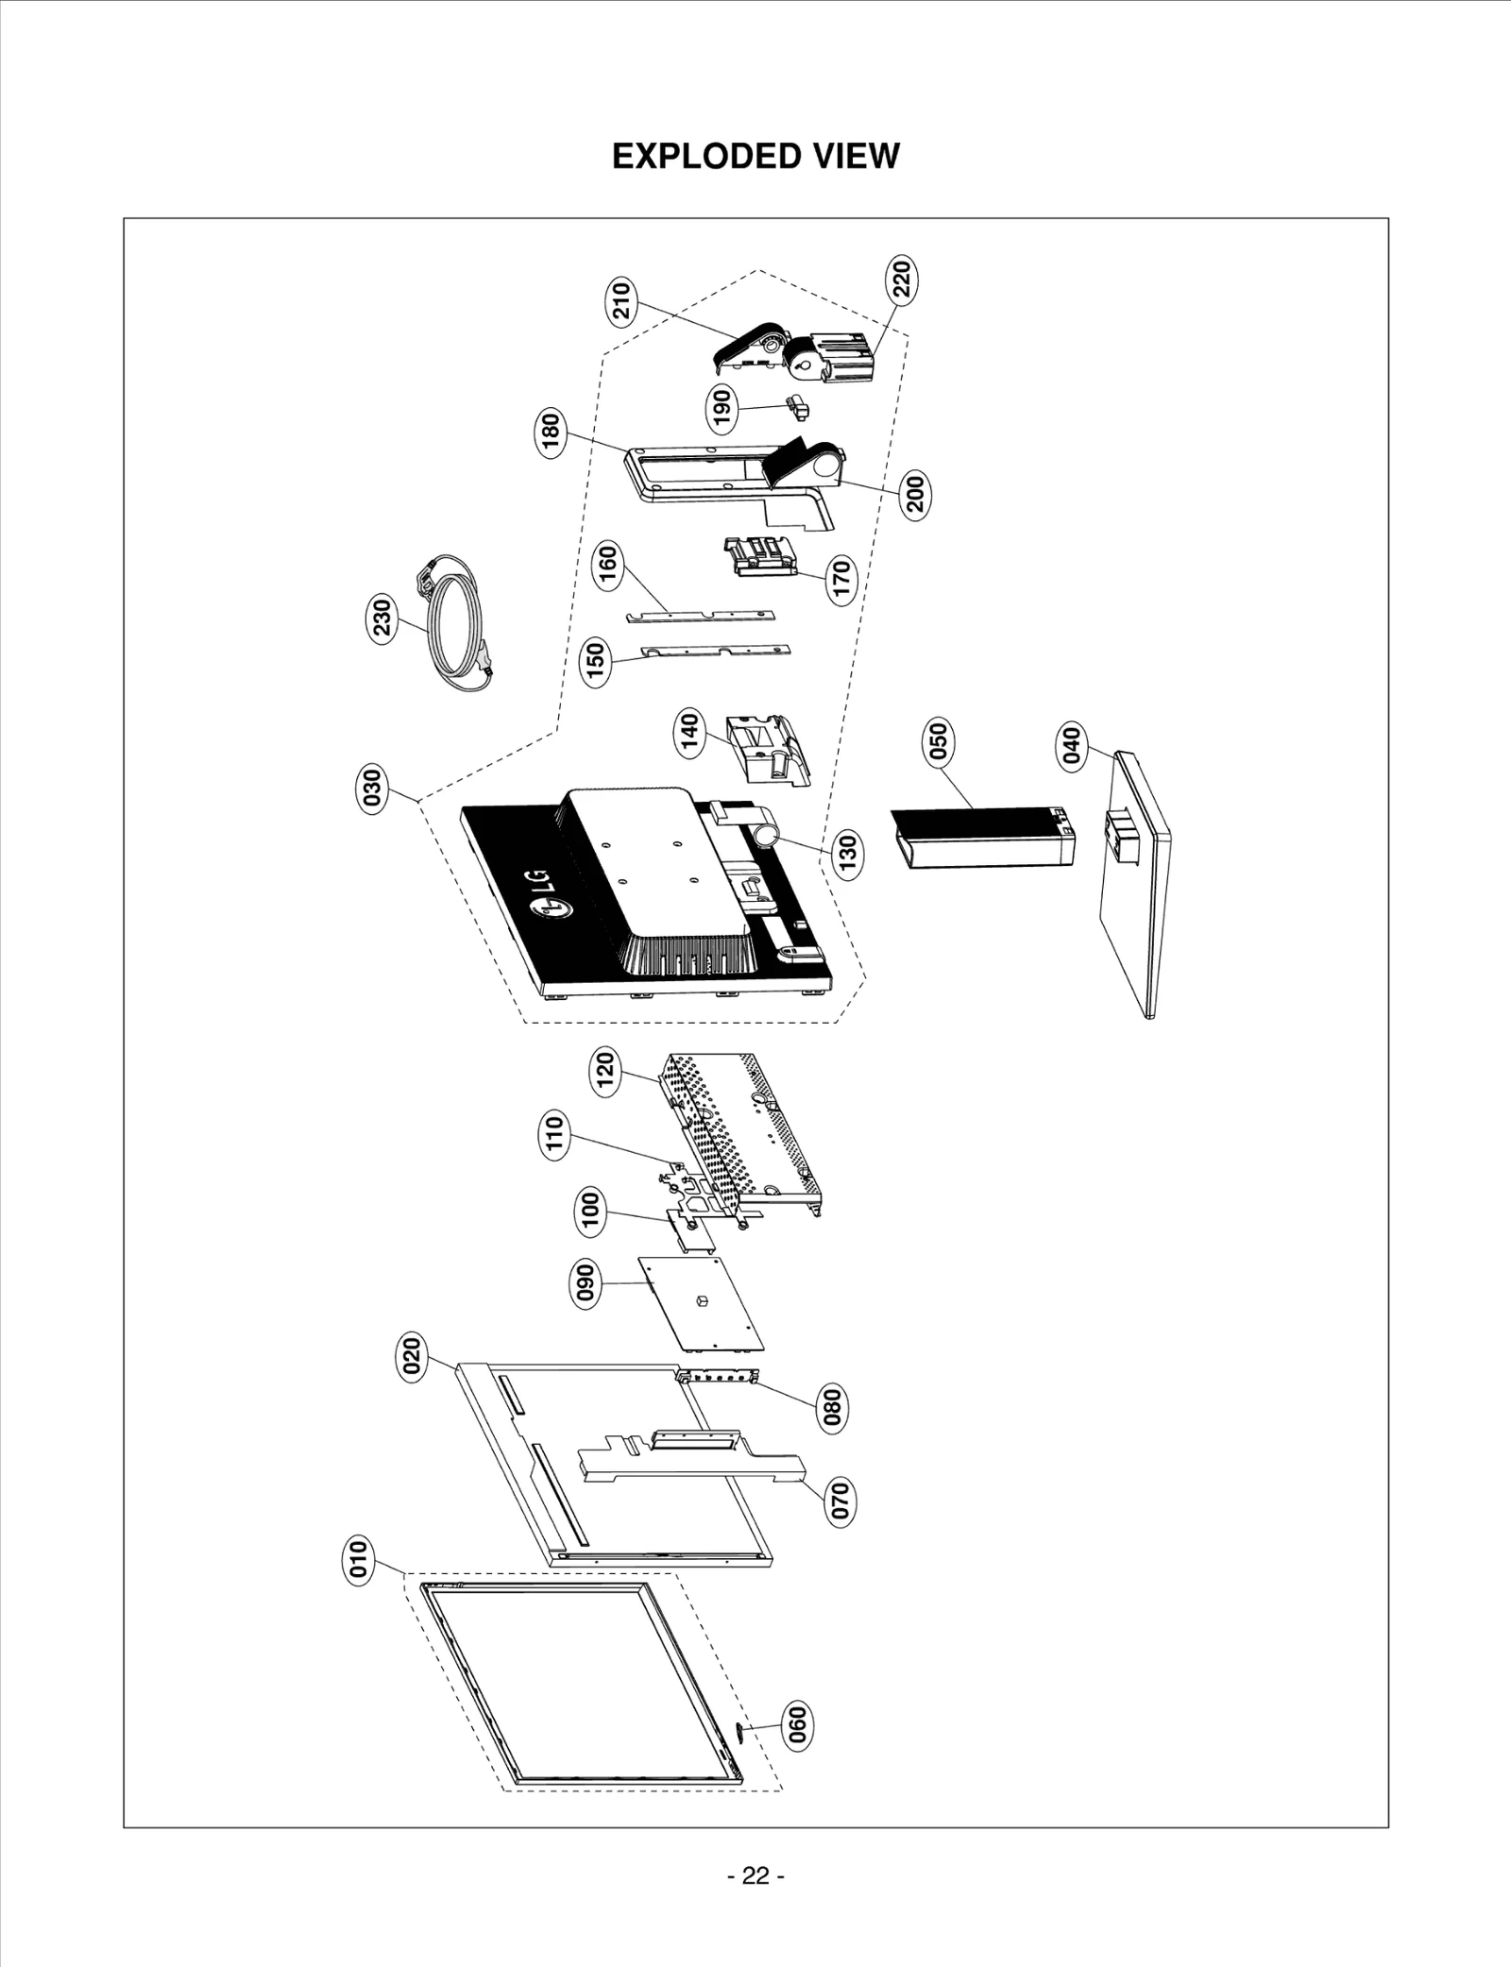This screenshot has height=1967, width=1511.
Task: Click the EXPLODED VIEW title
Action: (755, 156)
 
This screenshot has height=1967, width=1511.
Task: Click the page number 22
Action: (755, 1875)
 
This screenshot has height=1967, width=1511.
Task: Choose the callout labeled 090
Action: (586, 1282)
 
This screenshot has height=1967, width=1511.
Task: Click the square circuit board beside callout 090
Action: (701, 1303)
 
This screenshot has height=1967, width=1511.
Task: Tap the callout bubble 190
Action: (722, 407)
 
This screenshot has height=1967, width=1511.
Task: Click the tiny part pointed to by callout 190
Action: (798, 408)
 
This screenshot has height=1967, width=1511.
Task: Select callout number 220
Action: (901, 280)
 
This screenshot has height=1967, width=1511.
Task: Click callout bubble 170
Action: (840, 578)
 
